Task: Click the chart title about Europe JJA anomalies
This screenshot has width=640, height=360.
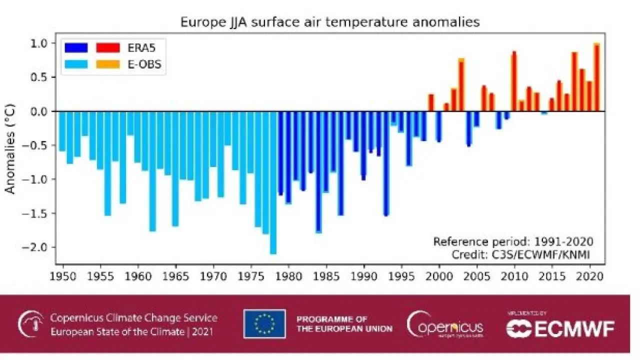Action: pos(330,22)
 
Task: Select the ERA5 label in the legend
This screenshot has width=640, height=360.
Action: pos(142,48)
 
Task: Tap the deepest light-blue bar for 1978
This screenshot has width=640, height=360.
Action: pos(273,182)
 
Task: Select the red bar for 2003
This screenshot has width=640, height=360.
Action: pos(461,85)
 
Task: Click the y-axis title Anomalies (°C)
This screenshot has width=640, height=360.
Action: pos(10,148)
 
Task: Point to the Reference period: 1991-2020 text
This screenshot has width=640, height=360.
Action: pos(513,242)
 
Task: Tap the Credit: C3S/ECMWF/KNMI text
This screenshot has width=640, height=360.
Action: pos(521,255)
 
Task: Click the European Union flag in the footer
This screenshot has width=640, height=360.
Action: pos(264,324)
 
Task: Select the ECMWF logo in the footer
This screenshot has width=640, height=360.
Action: pos(560,328)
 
